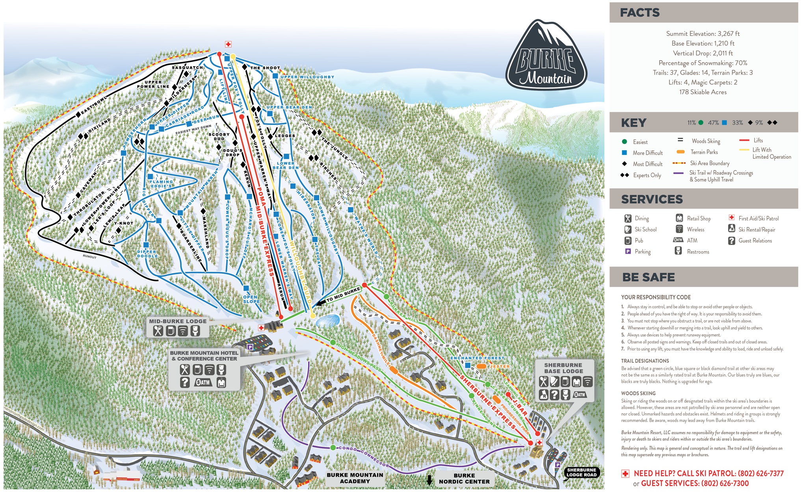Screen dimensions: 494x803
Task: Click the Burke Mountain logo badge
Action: pos(546,55)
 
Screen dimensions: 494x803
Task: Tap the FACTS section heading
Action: pos(639,13)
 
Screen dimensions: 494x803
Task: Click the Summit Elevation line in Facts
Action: pos(703,33)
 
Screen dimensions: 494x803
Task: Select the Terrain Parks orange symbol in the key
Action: pos(680,152)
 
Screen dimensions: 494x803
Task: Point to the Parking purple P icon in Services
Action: pos(628,251)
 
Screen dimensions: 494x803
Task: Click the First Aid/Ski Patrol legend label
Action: pos(758,218)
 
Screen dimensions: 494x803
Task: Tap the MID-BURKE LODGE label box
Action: pos(178,321)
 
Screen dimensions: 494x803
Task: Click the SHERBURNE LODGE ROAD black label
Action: pos(581,472)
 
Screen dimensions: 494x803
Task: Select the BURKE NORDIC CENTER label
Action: pos(464,478)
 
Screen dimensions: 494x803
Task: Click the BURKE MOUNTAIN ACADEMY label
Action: pos(355,478)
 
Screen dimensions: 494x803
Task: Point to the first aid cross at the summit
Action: pos(228,44)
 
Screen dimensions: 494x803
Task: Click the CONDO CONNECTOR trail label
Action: pos(364,457)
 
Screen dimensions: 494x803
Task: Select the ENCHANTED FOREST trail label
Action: pos(477,358)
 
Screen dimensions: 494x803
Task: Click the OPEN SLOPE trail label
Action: pos(251,299)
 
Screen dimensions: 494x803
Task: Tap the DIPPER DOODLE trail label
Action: pos(147,254)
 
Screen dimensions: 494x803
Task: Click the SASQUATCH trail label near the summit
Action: pos(187,68)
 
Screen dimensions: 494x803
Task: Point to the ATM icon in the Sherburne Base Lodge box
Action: pos(579,394)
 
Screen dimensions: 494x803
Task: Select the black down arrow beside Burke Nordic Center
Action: pos(429,480)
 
